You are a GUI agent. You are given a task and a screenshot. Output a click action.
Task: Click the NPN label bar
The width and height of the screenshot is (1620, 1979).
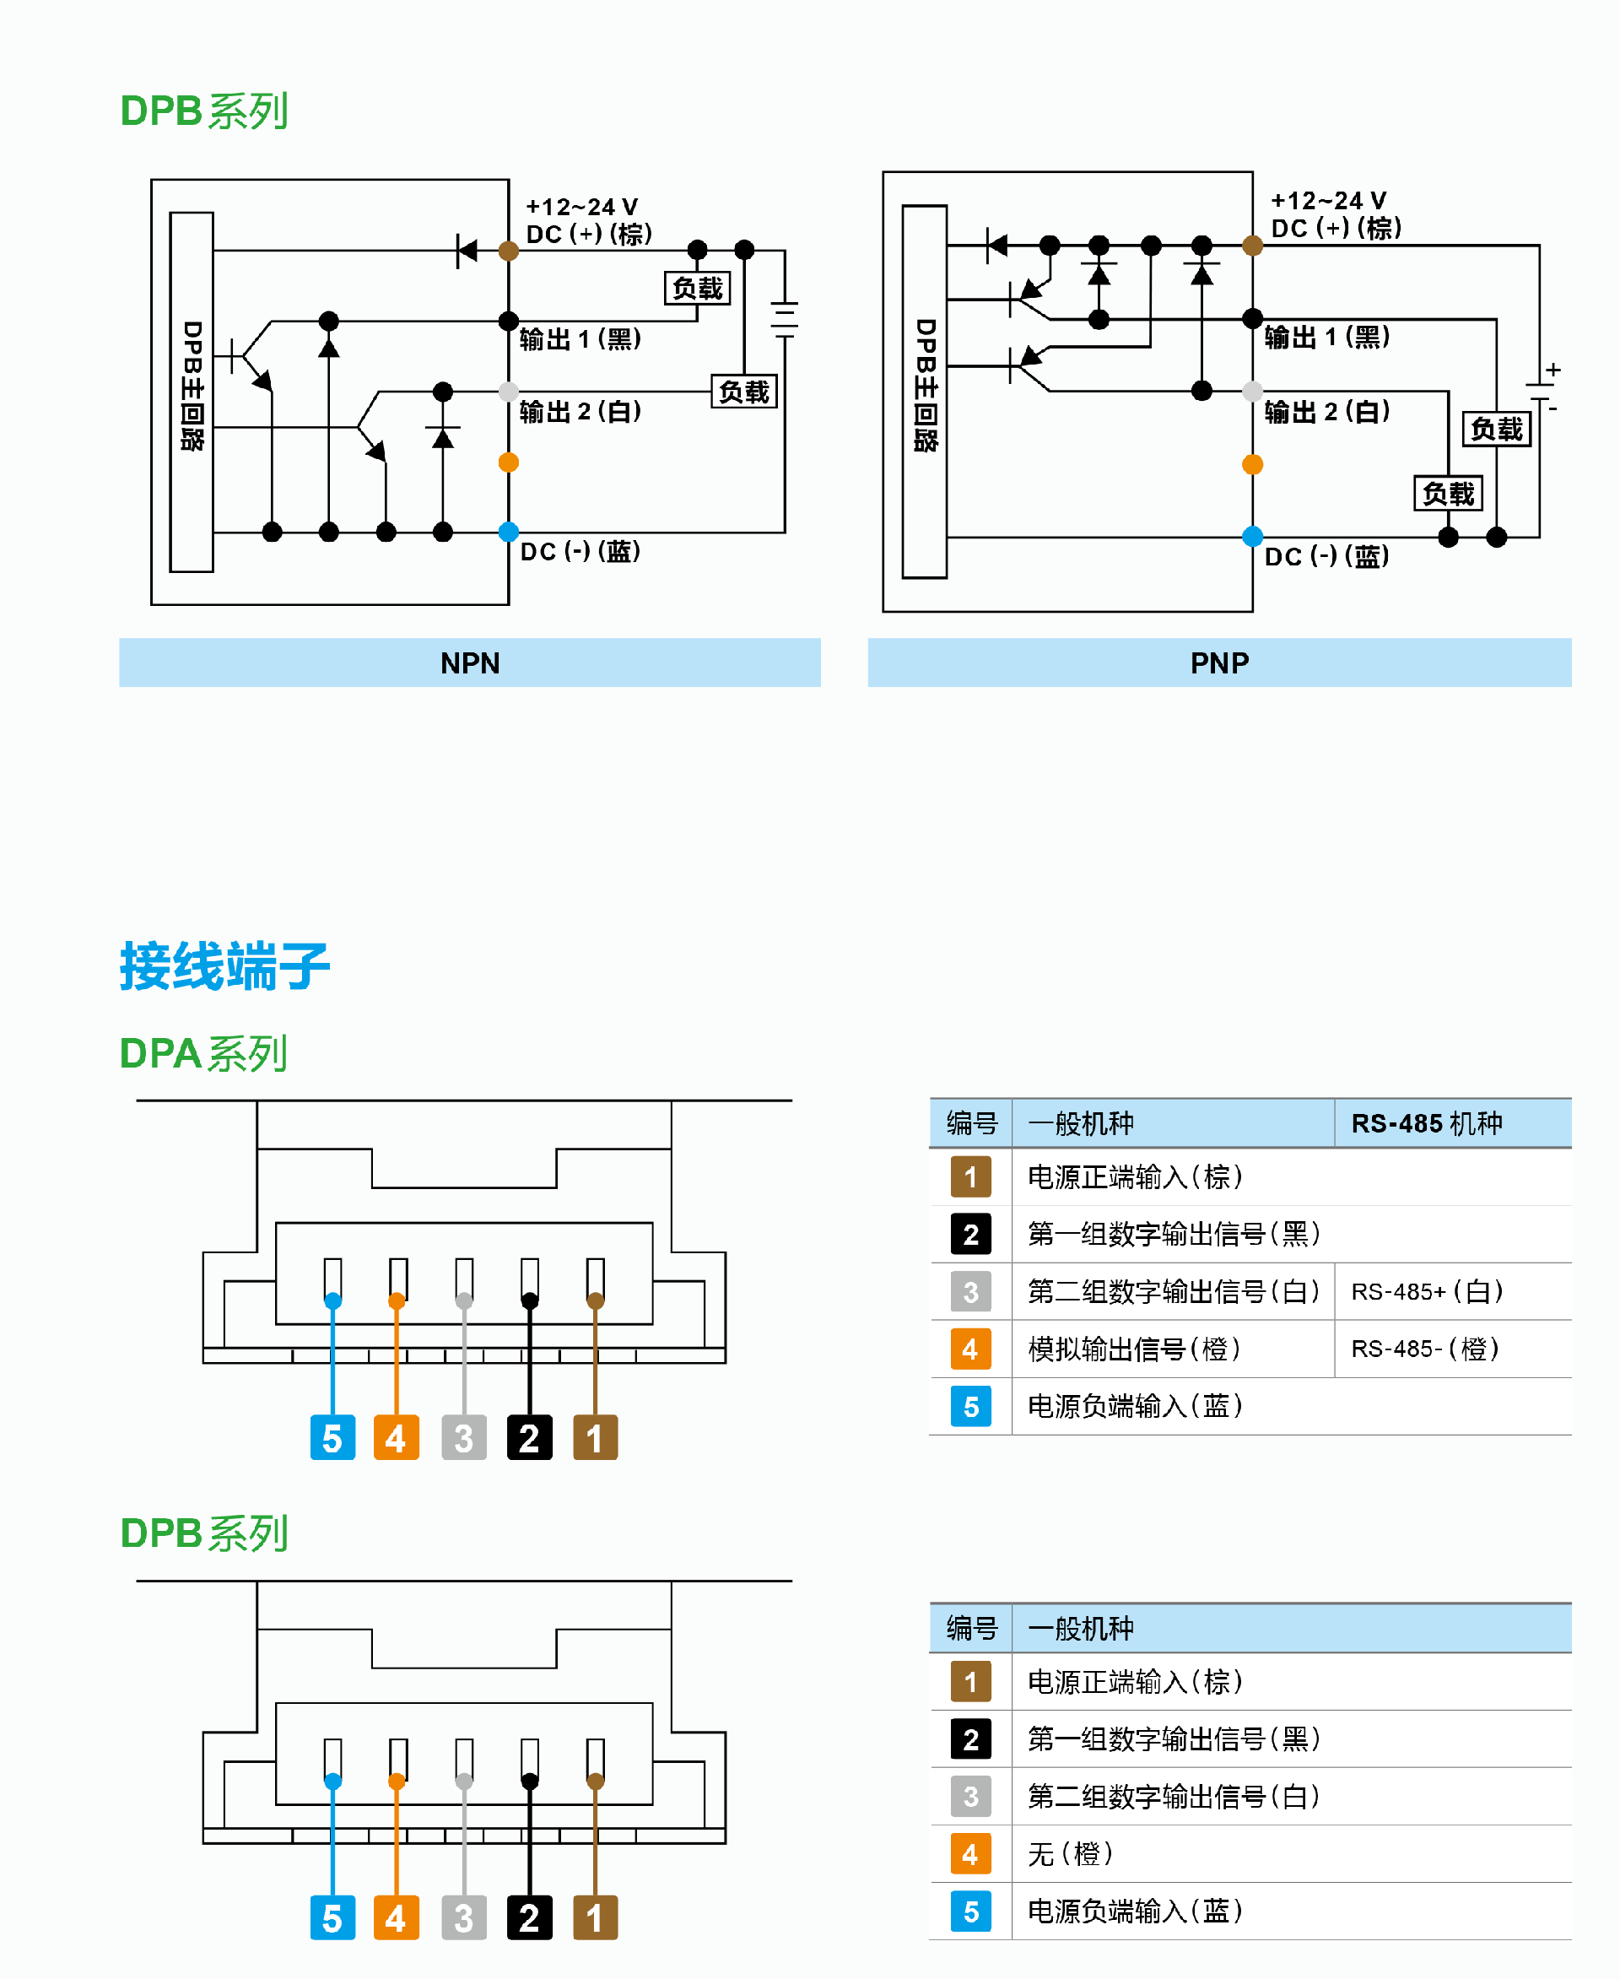click(x=469, y=662)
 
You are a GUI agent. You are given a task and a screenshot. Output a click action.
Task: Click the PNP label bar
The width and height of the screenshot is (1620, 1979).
click(x=1218, y=662)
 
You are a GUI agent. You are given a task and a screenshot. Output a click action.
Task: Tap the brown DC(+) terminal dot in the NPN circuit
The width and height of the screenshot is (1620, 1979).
click(x=509, y=250)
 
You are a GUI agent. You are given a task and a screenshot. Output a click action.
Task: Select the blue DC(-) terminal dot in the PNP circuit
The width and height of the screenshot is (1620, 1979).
click(x=1252, y=537)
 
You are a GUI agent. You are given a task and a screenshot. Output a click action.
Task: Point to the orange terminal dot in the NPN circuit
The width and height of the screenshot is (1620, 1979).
click(x=509, y=462)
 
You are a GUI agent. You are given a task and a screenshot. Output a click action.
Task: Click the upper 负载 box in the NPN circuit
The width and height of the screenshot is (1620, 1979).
click(x=697, y=289)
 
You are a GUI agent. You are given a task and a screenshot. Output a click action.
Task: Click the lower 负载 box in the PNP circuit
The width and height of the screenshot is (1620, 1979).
click(x=1447, y=493)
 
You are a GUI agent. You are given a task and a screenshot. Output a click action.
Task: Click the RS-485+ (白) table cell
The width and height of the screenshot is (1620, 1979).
click(x=1427, y=1291)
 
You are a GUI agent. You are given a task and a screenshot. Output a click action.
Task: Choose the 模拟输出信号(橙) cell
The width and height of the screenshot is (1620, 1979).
click(x=1134, y=1348)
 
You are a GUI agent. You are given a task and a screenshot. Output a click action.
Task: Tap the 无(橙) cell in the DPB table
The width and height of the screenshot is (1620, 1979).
click(x=1071, y=1853)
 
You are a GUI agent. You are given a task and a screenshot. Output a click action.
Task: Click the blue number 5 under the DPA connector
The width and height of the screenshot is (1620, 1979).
click(x=332, y=1437)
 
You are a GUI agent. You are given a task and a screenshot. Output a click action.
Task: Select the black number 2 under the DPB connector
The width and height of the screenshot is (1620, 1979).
click(x=529, y=1918)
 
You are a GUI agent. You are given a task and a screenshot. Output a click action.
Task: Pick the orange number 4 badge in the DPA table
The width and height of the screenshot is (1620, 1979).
click(x=970, y=1348)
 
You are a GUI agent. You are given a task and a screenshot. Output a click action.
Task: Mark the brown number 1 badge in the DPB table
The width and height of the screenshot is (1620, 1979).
click(x=970, y=1681)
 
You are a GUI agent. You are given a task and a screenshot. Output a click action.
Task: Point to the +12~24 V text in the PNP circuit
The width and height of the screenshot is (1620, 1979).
click(x=1328, y=201)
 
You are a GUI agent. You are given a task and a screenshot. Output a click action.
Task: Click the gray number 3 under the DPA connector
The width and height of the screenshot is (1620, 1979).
click(x=464, y=1437)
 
